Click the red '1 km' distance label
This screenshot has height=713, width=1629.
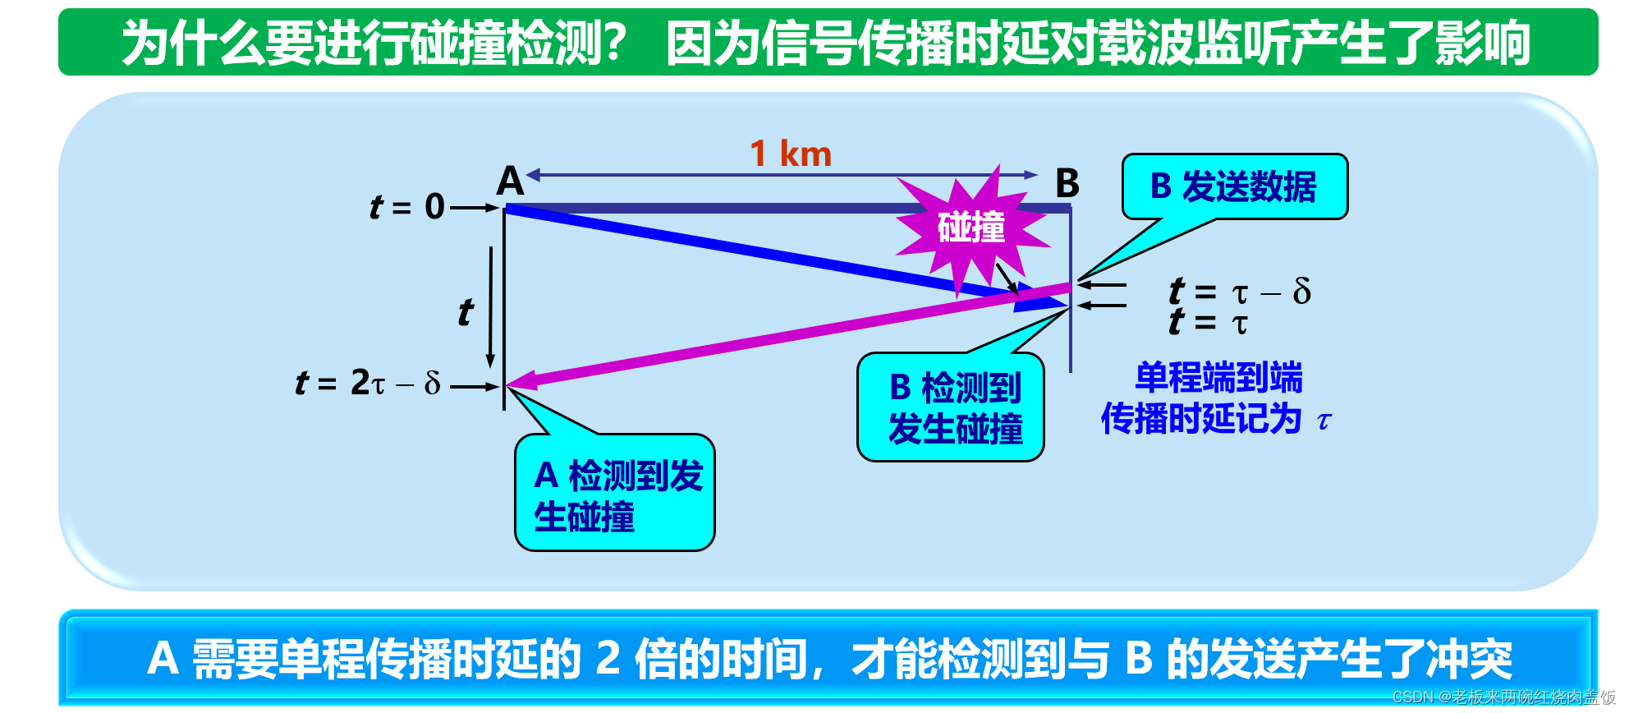pyautogui.click(x=791, y=154)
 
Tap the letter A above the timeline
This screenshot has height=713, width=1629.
pyautogui.click(x=510, y=181)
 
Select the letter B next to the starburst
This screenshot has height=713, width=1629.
pyautogui.click(x=1067, y=183)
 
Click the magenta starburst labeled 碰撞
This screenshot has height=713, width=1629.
pyautogui.click(x=971, y=228)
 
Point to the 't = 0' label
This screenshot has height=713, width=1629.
pyautogui.click(x=407, y=207)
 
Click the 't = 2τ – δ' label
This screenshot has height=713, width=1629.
pyautogui.click(x=369, y=383)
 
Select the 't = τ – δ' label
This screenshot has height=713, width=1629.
pyautogui.click(x=1240, y=291)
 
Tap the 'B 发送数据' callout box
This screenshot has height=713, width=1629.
pyautogui.click(x=1234, y=187)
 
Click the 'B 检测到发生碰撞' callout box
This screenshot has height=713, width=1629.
pyautogui.click(x=951, y=408)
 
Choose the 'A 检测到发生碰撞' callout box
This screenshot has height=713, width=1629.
pyautogui.click(x=615, y=494)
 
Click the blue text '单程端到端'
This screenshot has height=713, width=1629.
pyautogui.click(x=1218, y=378)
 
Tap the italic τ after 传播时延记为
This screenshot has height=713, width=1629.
pyautogui.click(x=1324, y=421)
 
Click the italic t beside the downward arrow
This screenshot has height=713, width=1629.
pyautogui.click(x=466, y=312)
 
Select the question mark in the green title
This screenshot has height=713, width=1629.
pyautogui.click(x=613, y=43)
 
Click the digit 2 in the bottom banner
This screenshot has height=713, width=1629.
pyautogui.click(x=608, y=659)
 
